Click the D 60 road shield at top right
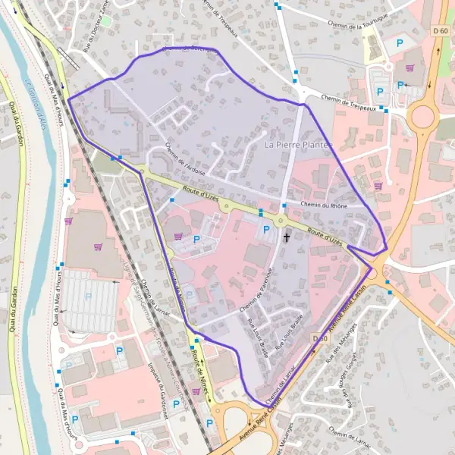tap(441, 30)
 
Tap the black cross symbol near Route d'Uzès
tap(287, 237)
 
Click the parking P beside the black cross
tap(265, 228)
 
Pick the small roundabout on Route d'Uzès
tap(281, 221)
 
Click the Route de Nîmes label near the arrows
tap(199, 361)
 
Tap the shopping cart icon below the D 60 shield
tap(409, 67)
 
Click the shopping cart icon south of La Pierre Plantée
tap(378, 185)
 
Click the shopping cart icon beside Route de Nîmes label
tap(197, 391)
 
